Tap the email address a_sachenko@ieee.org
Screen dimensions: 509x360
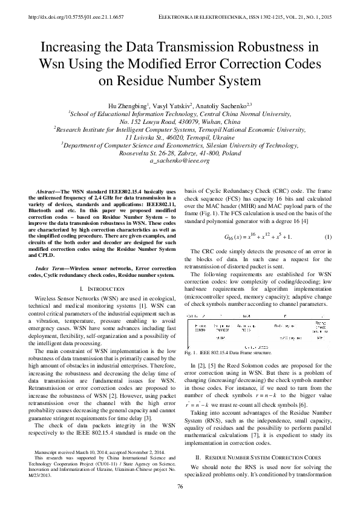pos(180,161)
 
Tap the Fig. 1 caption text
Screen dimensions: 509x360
pos(218,352)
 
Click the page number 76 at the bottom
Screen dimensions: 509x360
pos(180,487)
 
